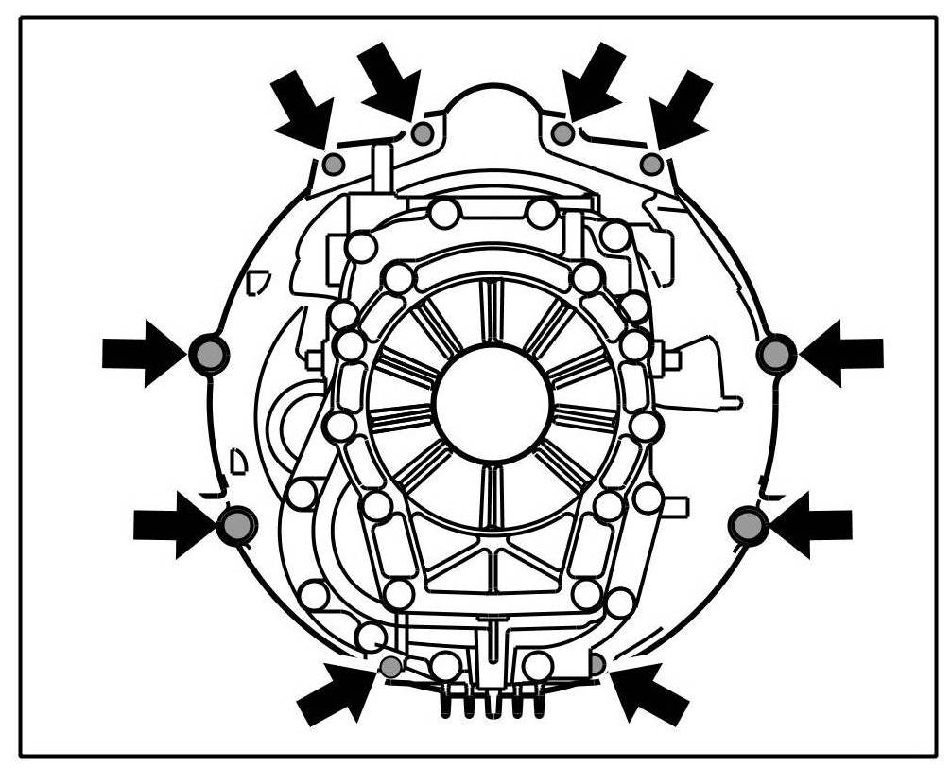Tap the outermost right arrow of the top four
point(681,110)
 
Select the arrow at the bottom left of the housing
point(337,691)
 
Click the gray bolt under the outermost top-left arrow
point(333,165)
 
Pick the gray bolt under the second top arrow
point(423,133)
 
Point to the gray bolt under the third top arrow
point(562,133)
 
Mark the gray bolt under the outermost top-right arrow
point(651,165)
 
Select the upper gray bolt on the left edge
point(209,354)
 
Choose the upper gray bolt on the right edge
point(777,354)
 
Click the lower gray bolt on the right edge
point(750,525)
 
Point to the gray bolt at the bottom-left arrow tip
point(390,666)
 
